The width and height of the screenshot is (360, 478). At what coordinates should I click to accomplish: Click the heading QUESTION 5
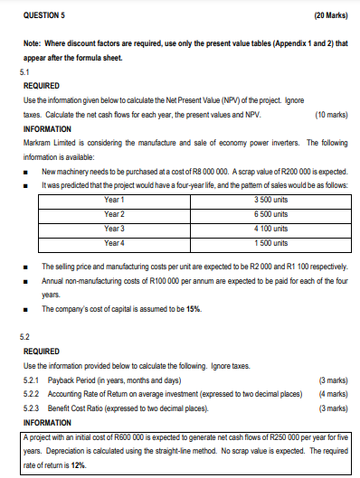[39, 15]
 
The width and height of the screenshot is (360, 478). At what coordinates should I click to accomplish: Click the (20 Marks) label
[332, 15]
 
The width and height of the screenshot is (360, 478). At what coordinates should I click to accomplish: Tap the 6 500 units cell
[270, 213]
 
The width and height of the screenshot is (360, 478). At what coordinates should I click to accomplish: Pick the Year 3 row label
[114, 228]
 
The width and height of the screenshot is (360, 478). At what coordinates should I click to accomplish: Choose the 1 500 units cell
[270, 243]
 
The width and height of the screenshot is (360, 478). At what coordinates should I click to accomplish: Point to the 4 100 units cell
[270, 228]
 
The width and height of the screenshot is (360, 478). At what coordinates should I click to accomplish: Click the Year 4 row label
[114, 243]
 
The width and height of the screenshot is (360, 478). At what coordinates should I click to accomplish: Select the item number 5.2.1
[28, 380]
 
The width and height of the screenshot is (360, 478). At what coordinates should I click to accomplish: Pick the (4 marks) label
[333, 394]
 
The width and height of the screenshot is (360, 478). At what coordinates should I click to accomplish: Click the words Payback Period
[66, 380]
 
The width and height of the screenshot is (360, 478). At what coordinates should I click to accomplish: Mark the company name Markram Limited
[44, 143]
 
